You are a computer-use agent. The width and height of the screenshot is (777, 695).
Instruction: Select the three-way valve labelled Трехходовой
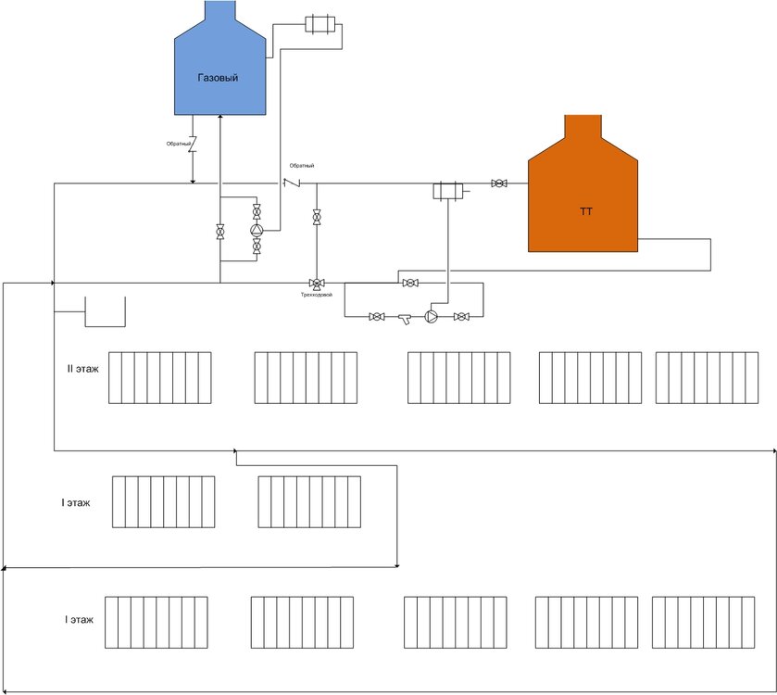[x=316, y=283]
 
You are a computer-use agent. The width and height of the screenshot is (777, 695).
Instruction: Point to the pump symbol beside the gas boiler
[x=257, y=230]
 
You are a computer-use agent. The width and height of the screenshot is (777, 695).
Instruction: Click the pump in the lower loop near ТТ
[x=432, y=317]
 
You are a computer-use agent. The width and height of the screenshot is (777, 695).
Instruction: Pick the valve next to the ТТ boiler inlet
[x=499, y=183]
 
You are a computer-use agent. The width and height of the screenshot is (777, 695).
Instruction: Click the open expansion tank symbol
[x=105, y=312]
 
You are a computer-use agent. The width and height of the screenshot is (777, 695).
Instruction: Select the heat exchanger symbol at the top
[x=321, y=24]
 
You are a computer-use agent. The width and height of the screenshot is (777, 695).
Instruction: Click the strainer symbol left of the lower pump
[x=406, y=318]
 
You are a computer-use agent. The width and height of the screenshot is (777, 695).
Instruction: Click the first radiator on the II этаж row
[x=159, y=377]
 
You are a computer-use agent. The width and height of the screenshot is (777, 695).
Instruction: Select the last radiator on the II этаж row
[x=707, y=377]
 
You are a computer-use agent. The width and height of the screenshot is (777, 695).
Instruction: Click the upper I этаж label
[x=76, y=502]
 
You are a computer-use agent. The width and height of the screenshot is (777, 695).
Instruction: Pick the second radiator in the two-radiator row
[x=309, y=501]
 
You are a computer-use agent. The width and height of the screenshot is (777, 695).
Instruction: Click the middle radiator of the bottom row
[x=455, y=622]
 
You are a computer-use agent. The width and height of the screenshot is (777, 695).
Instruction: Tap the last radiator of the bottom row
[x=703, y=622]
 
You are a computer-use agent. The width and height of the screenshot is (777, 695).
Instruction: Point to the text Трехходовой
[x=316, y=295]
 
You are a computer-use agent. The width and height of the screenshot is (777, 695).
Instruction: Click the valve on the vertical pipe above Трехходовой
[x=317, y=218]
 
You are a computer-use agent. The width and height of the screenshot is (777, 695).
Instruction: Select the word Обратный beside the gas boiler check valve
[x=180, y=144]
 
